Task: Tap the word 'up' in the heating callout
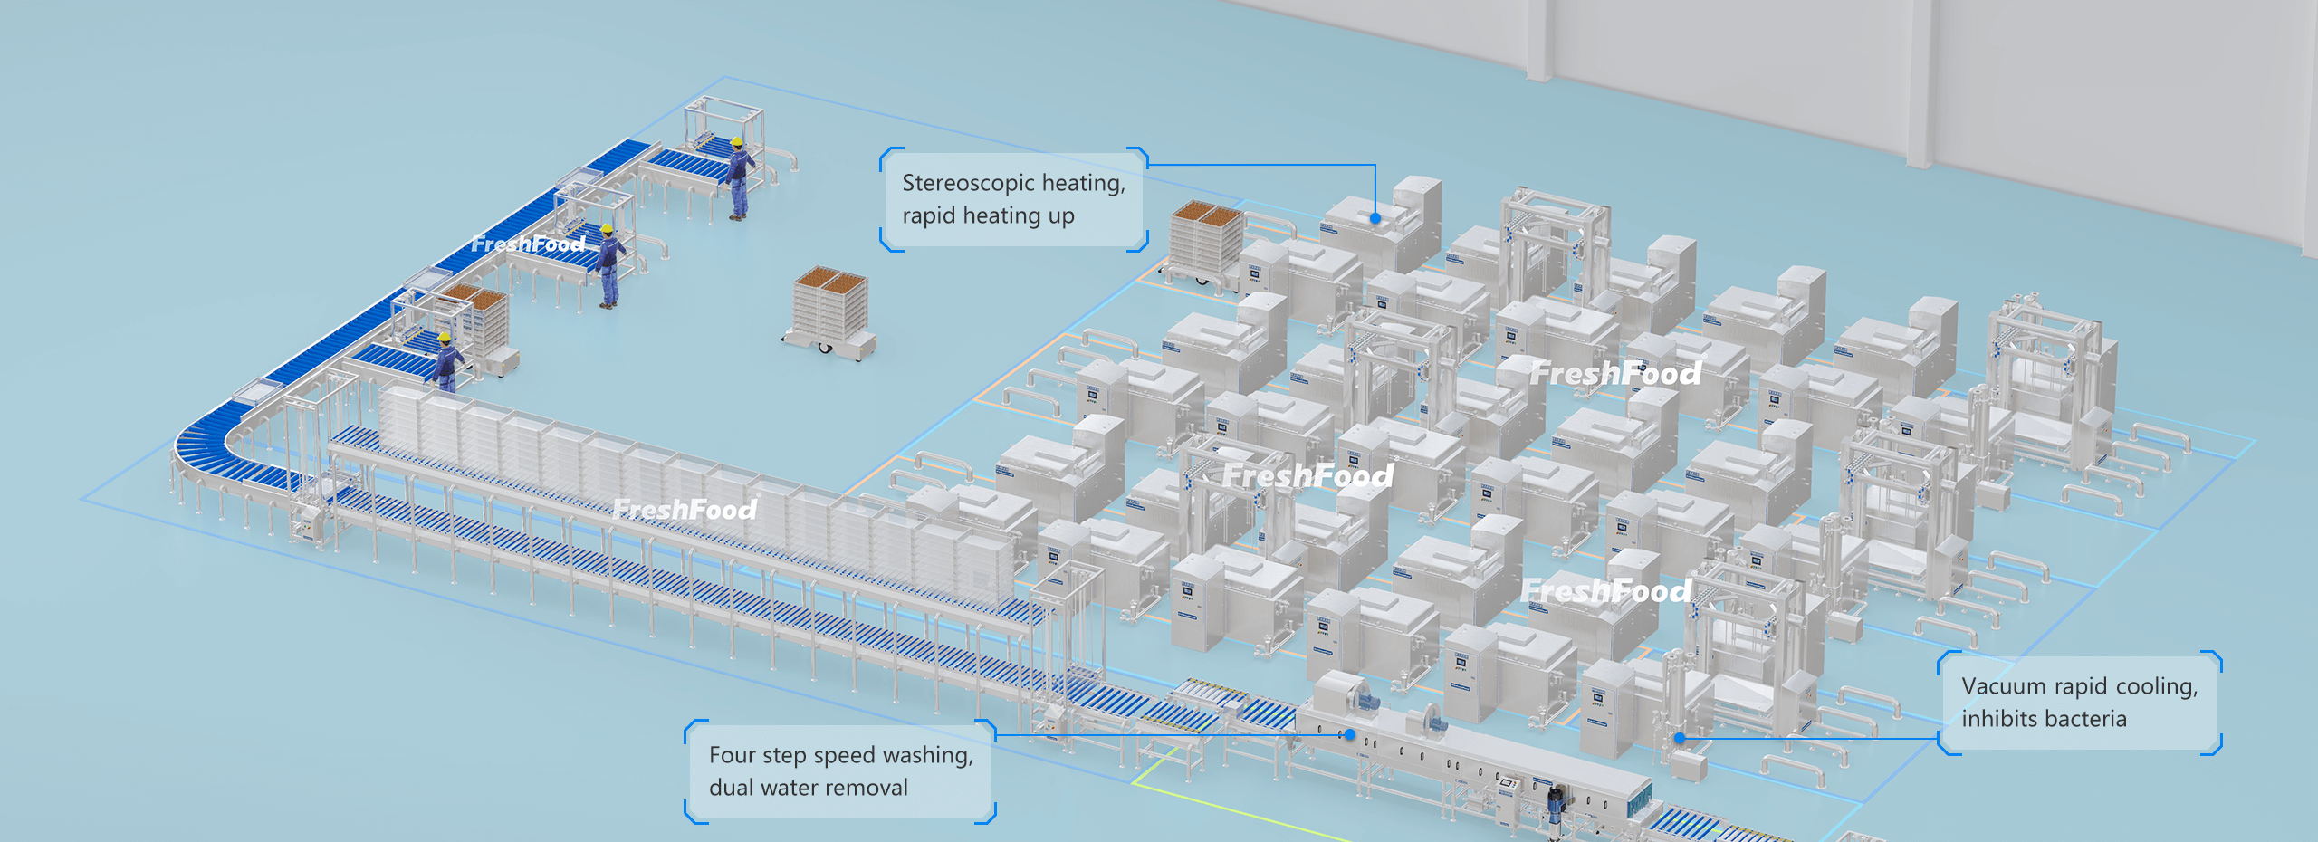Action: click(x=1061, y=216)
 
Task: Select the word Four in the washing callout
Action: click(x=731, y=755)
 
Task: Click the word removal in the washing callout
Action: click(x=870, y=788)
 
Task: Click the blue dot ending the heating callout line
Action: click(x=1375, y=218)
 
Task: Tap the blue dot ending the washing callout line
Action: click(x=1349, y=734)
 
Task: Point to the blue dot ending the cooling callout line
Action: click(x=1680, y=738)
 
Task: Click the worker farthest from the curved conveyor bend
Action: click(x=740, y=177)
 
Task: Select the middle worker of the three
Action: click(x=609, y=265)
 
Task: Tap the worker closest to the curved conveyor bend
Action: click(x=445, y=361)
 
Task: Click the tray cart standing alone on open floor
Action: click(x=831, y=311)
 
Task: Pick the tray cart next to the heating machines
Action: click(x=1205, y=243)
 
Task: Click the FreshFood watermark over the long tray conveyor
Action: click(x=685, y=510)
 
